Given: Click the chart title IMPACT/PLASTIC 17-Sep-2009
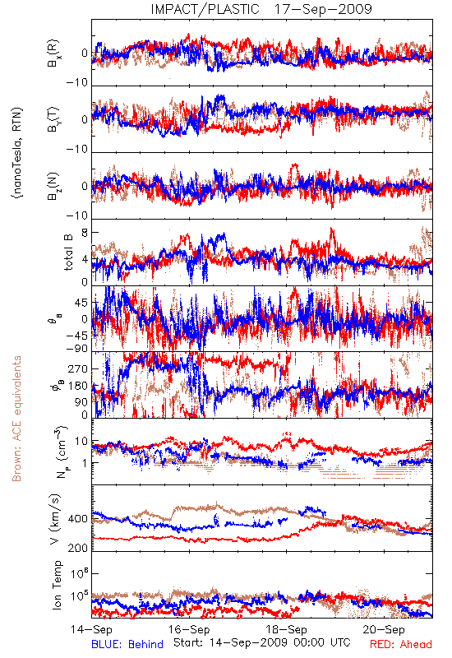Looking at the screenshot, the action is pyautogui.click(x=261, y=9).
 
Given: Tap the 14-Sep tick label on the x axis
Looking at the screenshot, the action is pyautogui.click(x=91, y=629).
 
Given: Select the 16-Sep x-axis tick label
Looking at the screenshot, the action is pyautogui.click(x=189, y=629).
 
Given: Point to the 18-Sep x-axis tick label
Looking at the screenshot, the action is pyautogui.click(x=286, y=629).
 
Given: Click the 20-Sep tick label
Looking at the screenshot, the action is pyautogui.click(x=384, y=629).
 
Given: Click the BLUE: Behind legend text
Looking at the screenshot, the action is pyautogui.click(x=127, y=644).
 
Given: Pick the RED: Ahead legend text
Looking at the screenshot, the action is pyautogui.click(x=401, y=644).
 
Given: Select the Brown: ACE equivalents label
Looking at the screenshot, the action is pyautogui.click(x=16, y=419).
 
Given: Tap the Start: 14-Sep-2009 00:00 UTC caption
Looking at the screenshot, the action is pyautogui.click(x=262, y=642).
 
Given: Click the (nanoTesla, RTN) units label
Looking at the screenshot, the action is pyautogui.click(x=17, y=153).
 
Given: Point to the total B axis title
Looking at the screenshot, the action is pyautogui.click(x=68, y=253).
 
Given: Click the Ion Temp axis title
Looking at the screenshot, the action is pyautogui.click(x=57, y=585).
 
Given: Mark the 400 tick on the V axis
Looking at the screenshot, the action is pyautogui.click(x=77, y=519).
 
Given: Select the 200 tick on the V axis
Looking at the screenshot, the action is pyautogui.click(x=77, y=548).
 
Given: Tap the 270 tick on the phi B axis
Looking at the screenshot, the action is pyautogui.click(x=77, y=368).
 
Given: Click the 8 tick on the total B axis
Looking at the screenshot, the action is pyautogui.click(x=85, y=233).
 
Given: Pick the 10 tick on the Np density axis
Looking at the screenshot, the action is pyautogui.click(x=81, y=442).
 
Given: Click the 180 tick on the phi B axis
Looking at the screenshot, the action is pyautogui.click(x=77, y=386).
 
